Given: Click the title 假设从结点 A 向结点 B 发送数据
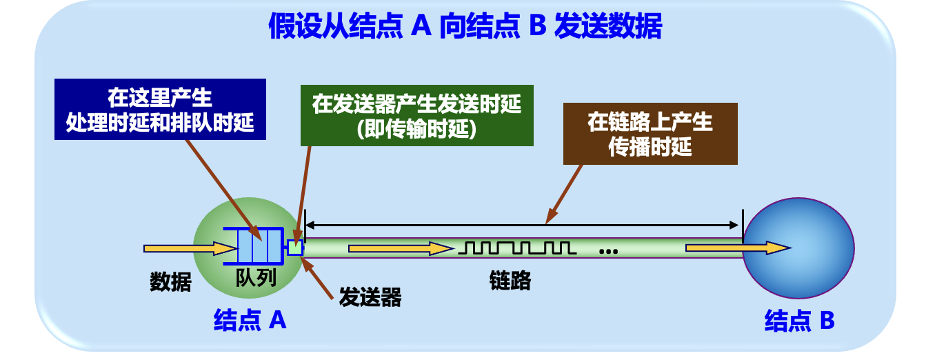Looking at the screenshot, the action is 465,28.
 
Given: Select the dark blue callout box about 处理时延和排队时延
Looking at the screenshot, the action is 160,109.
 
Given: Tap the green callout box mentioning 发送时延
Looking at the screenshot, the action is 416,116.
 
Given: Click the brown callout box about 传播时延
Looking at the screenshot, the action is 650,134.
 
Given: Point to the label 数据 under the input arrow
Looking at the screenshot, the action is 170,281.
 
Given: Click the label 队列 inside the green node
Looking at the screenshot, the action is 256,278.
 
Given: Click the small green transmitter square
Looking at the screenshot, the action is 295,247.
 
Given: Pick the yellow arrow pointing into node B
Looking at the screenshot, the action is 738,248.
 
